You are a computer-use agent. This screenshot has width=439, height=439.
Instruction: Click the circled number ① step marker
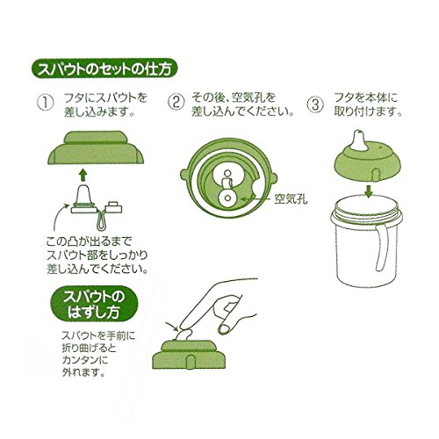(x=46, y=103)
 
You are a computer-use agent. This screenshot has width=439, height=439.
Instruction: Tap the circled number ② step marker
(x=176, y=103)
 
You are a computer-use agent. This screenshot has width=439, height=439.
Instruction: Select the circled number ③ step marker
(x=315, y=104)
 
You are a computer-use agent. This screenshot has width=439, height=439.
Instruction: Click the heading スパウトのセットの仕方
(x=104, y=69)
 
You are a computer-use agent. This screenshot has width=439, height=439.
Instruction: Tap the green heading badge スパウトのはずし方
(x=94, y=304)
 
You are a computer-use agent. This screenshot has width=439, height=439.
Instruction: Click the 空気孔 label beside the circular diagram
(x=291, y=199)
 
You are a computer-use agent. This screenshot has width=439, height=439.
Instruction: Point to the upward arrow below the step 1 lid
(x=83, y=175)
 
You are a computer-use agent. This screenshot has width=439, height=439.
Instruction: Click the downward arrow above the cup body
(x=370, y=191)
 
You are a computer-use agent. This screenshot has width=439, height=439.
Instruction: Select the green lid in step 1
(x=96, y=148)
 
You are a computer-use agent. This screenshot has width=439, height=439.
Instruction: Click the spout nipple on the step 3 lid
(x=360, y=140)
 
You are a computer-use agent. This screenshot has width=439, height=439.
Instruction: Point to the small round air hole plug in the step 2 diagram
(x=227, y=198)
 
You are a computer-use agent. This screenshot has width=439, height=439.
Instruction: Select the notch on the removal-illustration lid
(x=191, y=362)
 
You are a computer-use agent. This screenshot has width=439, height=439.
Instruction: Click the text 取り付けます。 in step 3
(x=368, y=112)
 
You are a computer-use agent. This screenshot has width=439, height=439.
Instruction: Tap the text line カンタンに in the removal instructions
(x=85, y=360)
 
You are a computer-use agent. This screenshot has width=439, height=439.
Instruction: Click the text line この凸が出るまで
(x=90, y=241)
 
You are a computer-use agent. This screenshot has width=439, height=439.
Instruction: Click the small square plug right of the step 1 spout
(x=114, y=206)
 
